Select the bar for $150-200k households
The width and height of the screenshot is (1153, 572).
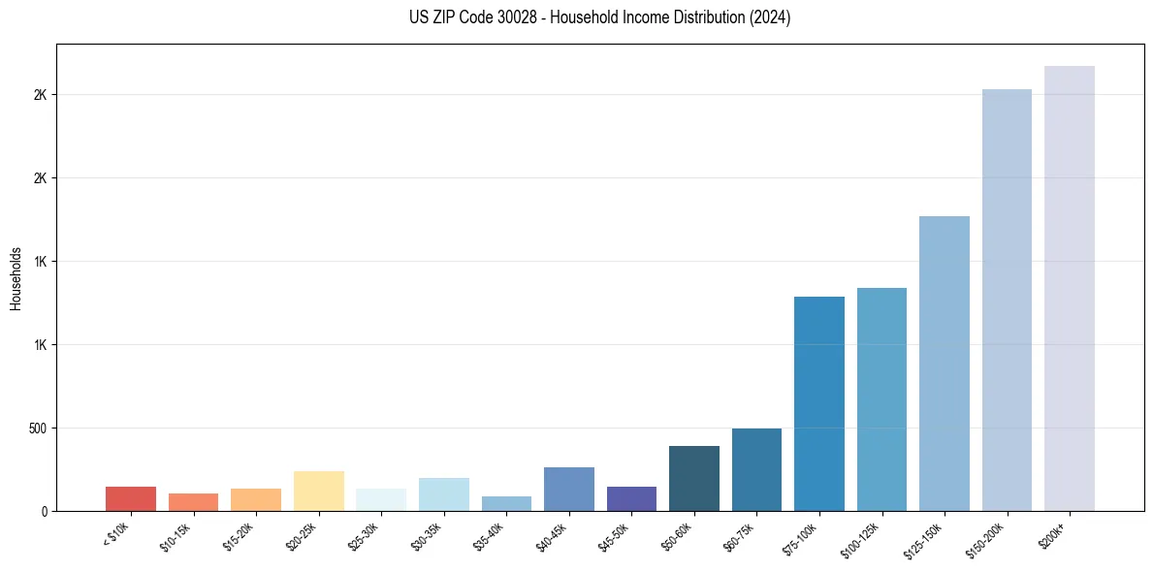[1007, 300]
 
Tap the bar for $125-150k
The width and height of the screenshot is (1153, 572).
[944, 364]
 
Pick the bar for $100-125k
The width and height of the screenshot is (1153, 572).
[881, 399]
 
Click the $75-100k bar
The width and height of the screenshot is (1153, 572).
[818, 403]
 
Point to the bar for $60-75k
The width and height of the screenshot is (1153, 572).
[756, 469]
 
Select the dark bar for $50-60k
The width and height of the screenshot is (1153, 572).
[693, 478]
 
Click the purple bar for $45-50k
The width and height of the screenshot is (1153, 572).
[631, 498]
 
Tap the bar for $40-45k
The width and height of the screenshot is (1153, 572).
[568, 489]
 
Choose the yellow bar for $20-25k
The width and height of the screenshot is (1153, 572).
[318, 491]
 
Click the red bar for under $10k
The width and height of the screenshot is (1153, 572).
[131, 498]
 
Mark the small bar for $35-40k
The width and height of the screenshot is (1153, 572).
[506, 503]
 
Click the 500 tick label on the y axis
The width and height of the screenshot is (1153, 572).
[38, 429]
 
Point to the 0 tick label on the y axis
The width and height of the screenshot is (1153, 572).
[44, 511]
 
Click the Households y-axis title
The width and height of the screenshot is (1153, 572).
[16, 278]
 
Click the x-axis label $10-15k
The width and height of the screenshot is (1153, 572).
[176, 536]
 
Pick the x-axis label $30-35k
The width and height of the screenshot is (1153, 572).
[427, 536]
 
